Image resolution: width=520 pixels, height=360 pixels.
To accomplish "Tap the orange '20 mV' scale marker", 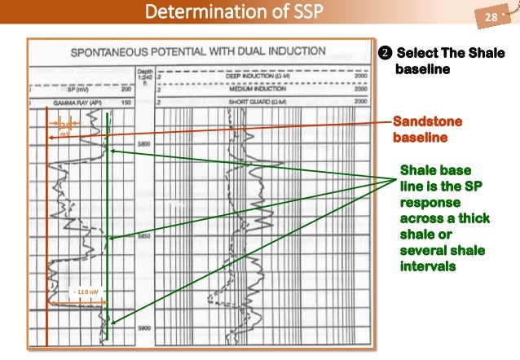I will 67,126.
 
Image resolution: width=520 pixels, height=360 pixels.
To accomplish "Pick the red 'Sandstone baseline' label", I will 427,130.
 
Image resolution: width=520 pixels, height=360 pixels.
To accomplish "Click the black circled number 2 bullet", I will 386,55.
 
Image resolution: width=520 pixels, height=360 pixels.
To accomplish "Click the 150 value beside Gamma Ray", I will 126,103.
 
